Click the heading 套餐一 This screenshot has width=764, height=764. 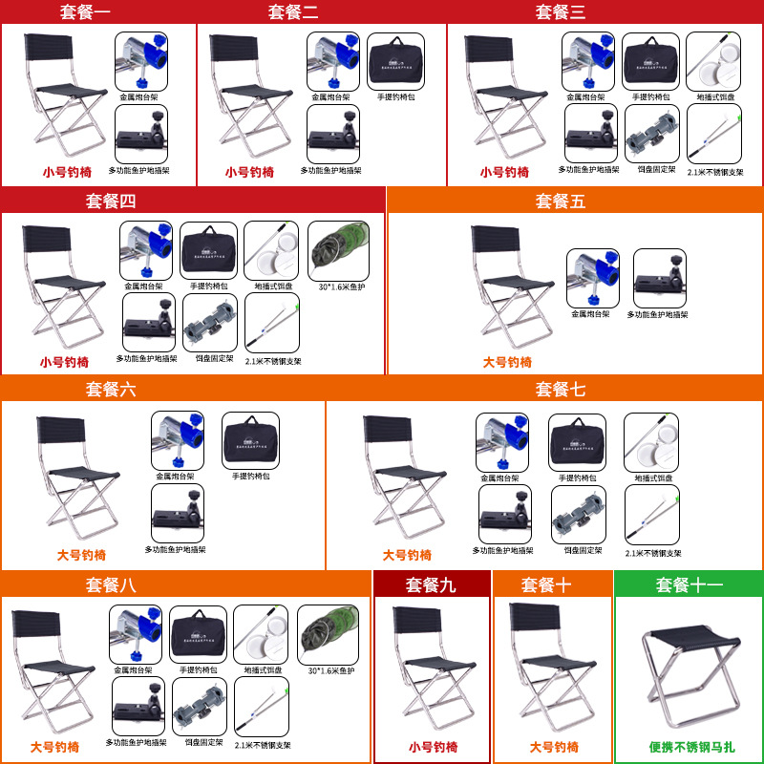pyautogui.click(x=97, y=11)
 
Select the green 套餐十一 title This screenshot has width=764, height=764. pyautogui.click(x=688, y=585)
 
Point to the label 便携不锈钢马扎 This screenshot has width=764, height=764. pyautogui.click(x=688, y=747)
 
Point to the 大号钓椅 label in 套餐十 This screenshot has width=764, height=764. pyautogui.click(x=554, y=747)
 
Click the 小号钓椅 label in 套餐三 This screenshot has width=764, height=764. pyautogui.click(x=504, y=172)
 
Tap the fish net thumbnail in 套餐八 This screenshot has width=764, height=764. pyautogui.click(x=328, y=632)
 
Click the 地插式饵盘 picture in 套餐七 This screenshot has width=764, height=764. pyautogui.click(x=651, y=441)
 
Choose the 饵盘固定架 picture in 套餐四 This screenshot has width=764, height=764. pyautogui.click(x=209, y=323)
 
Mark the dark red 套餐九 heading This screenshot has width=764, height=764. pyautogui.click(x=431, y=585)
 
